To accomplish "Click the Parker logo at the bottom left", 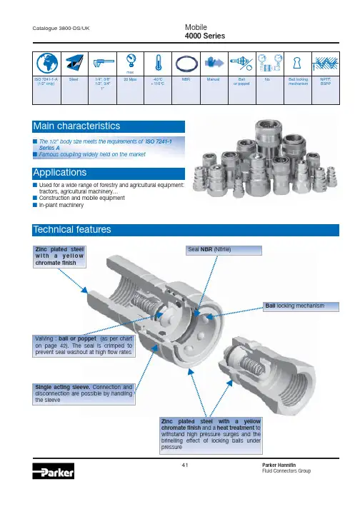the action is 54,471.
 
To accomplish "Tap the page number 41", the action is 185,465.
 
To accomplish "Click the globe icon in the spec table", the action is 47,64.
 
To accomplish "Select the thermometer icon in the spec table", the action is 159,63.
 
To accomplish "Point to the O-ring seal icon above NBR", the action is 186,64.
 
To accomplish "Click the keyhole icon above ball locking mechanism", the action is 297,63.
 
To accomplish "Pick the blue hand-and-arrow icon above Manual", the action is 214,63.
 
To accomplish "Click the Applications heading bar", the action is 109,173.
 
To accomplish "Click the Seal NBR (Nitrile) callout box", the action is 224,250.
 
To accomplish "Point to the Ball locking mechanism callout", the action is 301,306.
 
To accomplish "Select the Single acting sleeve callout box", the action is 84,394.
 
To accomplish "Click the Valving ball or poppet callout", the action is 84,346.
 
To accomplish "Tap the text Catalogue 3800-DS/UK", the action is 61,29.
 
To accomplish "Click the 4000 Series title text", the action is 205,36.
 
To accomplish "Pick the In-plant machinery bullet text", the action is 61,205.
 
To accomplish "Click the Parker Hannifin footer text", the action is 279,465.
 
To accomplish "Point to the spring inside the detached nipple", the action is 252,366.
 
